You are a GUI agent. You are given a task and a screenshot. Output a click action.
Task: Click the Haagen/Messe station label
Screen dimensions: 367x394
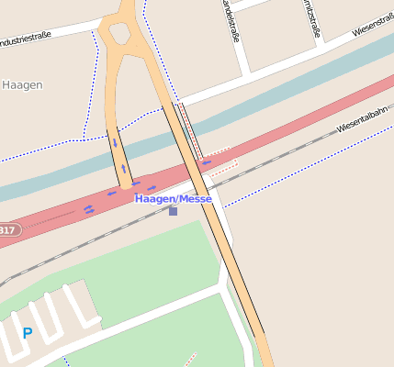pyautogui.click(x=174, y=198)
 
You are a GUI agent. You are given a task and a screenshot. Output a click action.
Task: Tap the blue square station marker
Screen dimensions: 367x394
pyautogui.click(x=173, y=211)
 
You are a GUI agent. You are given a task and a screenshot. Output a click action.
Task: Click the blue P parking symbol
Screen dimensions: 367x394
pyautogui.click(x=28, y=333)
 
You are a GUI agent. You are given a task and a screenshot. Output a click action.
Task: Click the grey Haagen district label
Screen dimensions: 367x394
pyautogui.click(x=22, y=84)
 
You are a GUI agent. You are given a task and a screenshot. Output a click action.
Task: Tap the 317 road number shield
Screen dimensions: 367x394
pyautogui.click(x=7, y=229)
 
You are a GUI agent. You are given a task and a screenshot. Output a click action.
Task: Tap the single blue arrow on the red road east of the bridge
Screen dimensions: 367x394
pyautogui.click(x=207, y=162)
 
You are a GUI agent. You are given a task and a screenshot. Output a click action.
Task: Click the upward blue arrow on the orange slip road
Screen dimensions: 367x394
pyautogui.click(x=123, y=169)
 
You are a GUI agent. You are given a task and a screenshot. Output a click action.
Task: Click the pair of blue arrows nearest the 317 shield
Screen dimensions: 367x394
pyautogui.click(x=89, y=209)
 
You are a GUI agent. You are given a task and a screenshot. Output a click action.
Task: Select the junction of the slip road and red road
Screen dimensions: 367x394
pyautogui.click(x=128, y=183)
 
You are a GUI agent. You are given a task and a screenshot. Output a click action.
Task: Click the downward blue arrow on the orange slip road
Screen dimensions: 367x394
pyautogui.click(x=115, y=142)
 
